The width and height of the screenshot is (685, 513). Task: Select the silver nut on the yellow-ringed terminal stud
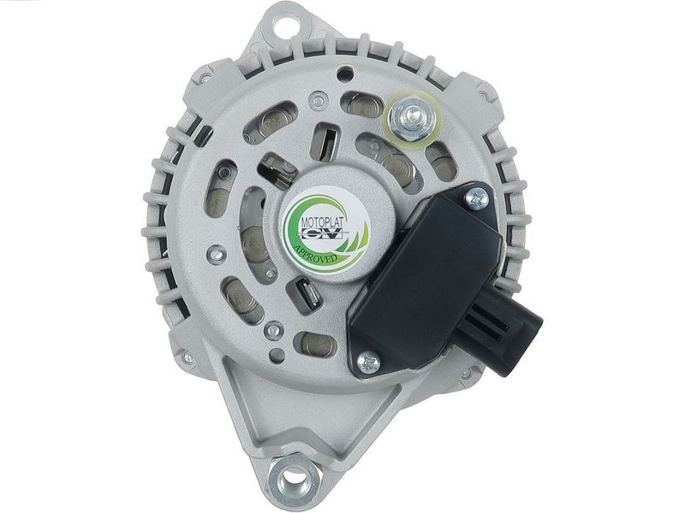coord(411,116)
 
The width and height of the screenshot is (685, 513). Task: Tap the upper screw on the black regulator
coord(477,199)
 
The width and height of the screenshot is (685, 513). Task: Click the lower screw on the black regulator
coord(368,363)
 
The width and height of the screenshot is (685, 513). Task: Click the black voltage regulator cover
coord(426,279)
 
